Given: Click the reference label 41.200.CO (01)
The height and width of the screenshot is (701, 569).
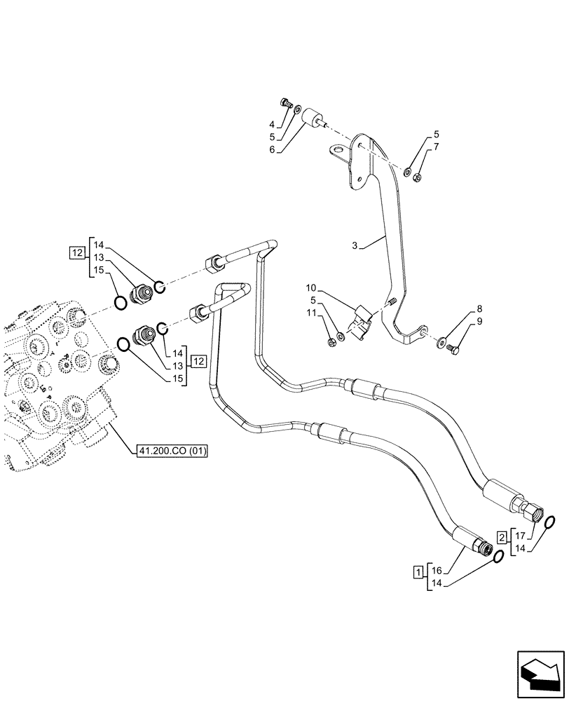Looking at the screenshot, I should tap(172, 449).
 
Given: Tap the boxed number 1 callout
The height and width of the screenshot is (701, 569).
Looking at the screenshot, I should tap(418, 573).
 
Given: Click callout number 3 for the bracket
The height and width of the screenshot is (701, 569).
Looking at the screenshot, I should tap(356, 245).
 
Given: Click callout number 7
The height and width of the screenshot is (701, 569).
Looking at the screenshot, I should tap(437, 147).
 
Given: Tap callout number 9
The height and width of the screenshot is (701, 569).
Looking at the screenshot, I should tap(479, 322).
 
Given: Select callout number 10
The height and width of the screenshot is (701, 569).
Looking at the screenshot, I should tap(312, 287).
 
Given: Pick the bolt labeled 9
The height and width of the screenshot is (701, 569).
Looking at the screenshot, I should tap(452, 347).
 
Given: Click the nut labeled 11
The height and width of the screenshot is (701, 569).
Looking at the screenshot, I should tap(331, 342).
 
